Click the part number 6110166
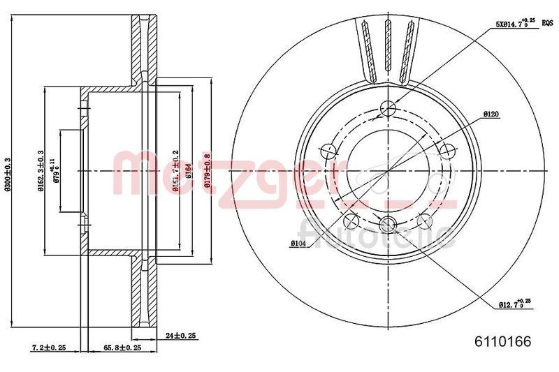(x=503, y=342)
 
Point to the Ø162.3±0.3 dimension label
(x=40, y=171)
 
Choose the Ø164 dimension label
(x=189, y=171)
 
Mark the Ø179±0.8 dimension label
(x=208, y=171)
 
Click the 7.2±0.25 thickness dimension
(x=49, y=347)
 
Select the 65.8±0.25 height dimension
(x=122, y=347)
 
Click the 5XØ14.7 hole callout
(x=514, y=23)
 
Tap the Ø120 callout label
(x=490, y=113)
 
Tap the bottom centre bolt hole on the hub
(x=390, y=223)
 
